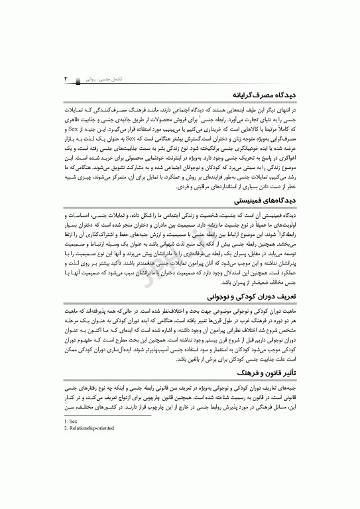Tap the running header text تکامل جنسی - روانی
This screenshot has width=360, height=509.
pyautogui.click(x=93, y=78)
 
